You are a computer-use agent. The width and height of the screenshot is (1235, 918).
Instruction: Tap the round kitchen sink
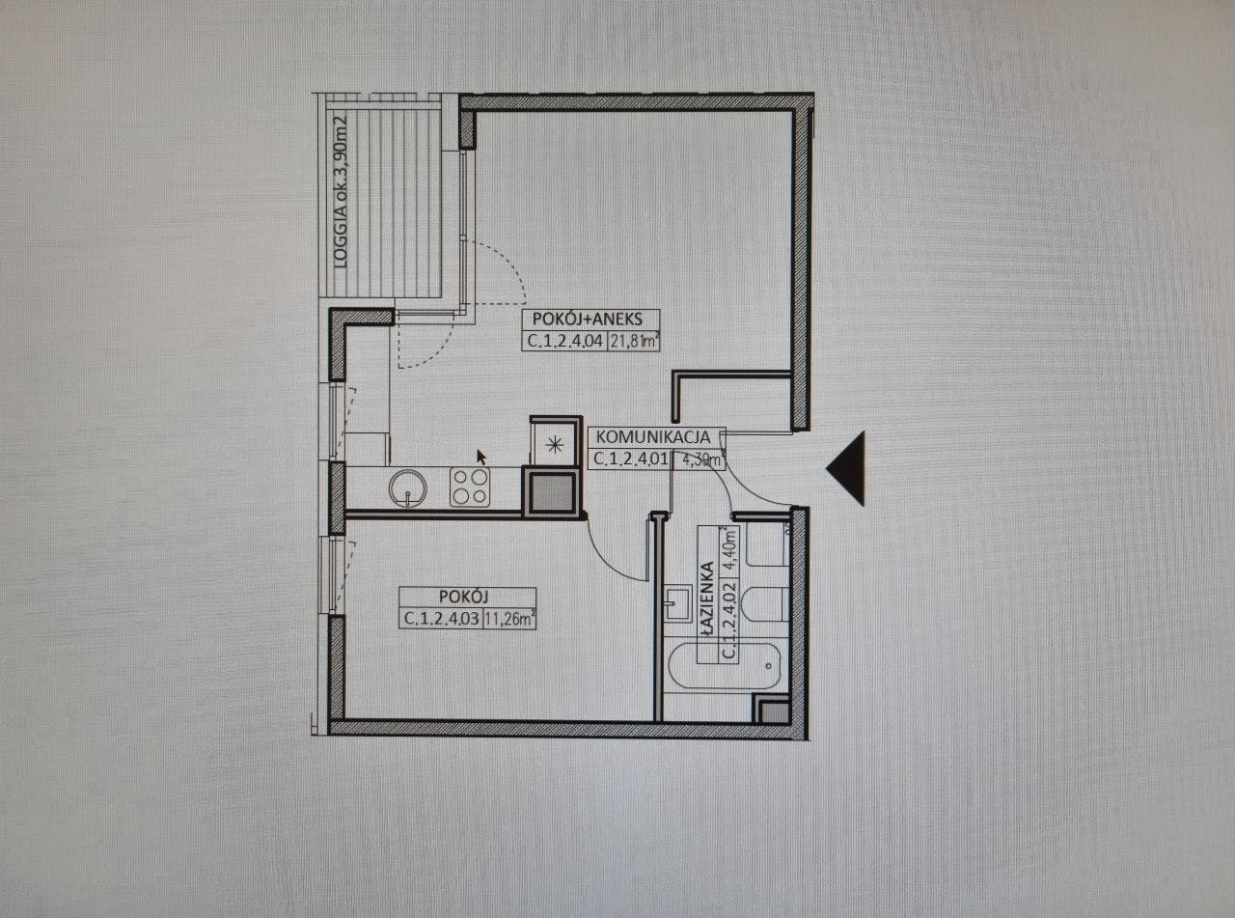click(407, 487)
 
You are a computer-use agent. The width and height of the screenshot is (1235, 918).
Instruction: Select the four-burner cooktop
click(471, 487)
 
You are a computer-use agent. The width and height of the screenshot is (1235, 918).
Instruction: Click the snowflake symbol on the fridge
click(554, 445)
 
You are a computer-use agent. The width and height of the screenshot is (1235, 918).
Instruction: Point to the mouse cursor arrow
click(481, 456)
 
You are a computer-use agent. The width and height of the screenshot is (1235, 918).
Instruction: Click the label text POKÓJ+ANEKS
click(590, 320)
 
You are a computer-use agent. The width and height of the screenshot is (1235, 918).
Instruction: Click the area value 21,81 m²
click(635, 340)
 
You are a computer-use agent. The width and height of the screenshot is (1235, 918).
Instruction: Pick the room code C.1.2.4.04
click(564, 340)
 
